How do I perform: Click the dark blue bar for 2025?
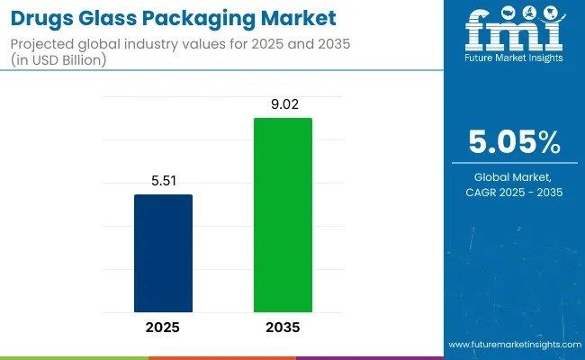click(163, 253)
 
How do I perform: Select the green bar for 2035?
click(283, 215)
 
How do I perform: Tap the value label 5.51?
click(163, 181)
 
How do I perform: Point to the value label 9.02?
click(283, 104)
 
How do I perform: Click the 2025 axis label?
click(163, 328)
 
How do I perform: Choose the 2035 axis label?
click(283, 328)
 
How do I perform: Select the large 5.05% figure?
click(515, 142)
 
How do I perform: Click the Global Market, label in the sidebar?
click(515, 177)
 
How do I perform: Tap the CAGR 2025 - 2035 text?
click(515, 193)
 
